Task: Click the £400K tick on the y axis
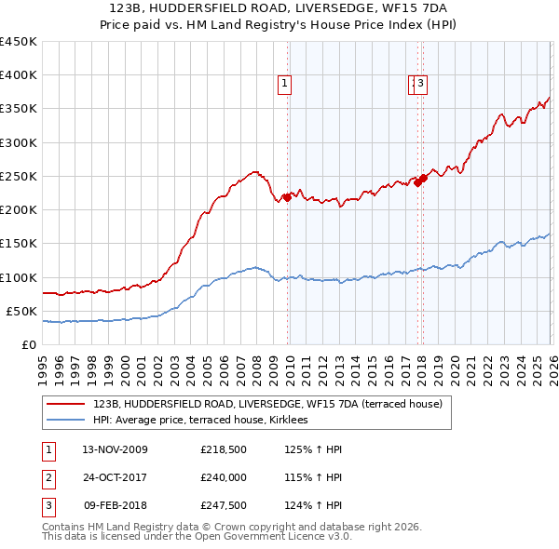19,75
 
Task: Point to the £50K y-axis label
21,311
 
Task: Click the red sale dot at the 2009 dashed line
287,196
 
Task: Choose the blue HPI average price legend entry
207,420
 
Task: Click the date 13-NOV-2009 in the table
115,450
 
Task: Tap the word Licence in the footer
300,536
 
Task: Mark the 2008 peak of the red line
253,171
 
